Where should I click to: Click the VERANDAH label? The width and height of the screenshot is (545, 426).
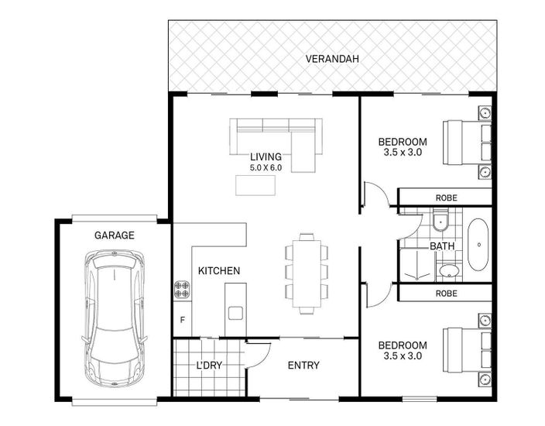pyautogui.click(x=332, y=59)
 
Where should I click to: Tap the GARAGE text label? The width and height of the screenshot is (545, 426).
pyautogui.click(x=115, y=235)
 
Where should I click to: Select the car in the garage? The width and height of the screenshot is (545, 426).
pyautogui.click(x=115, y=319)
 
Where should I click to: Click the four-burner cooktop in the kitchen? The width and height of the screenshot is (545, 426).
pyautogui.click(x=182, y=290)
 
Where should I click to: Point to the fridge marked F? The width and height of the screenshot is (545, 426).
pyautogui.click(x=182, y=320)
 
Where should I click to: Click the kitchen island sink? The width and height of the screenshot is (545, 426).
pyautogui.click(x=235, y=313)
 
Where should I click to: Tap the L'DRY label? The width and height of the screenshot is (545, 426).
pyautogui.click(x=209, y=365)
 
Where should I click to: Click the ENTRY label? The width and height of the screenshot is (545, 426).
pyautogui.click(x=303, y=365)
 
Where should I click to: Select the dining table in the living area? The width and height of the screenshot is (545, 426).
pyautogui.click(x=307, y=273)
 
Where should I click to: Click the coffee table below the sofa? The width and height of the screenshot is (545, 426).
pyautogui.click(x=255, y=185)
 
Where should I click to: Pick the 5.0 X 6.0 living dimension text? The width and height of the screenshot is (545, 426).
pyautogui.click(x=266, y=167)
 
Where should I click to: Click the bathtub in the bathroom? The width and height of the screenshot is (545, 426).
pyautogui.click(x=478, y=245)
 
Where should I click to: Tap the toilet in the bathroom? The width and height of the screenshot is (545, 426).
pyautogui.click(x=440, y=221)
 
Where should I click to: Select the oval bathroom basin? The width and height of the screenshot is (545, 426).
pyautogui.click(x=449, y=270)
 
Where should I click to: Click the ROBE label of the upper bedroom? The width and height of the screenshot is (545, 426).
pyautogui.click(x=447, y=198)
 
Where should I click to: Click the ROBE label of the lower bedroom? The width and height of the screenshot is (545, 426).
pyautogui.click(x=447, y=294)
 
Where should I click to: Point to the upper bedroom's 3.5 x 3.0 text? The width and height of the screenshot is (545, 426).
pyautogui.click(x=403, y=153)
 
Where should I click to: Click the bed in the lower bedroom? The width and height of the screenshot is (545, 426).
pyautogui.click(x=467, y=350)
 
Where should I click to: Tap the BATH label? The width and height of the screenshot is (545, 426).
pyautogui.click(x=442, y=246)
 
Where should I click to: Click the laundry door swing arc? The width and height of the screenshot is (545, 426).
pyautogui.click(x=265, y=359)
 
